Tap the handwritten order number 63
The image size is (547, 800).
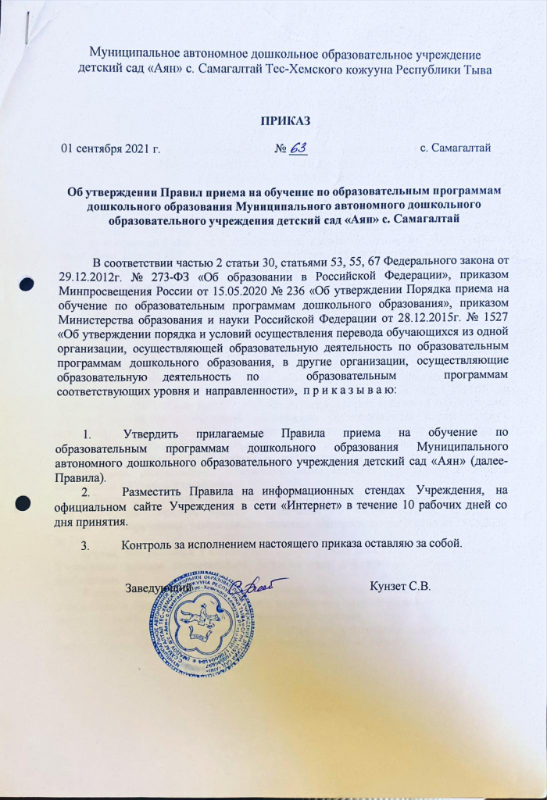click(x=298, y=147)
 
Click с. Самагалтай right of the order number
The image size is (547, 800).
click(x=455, y=148)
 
